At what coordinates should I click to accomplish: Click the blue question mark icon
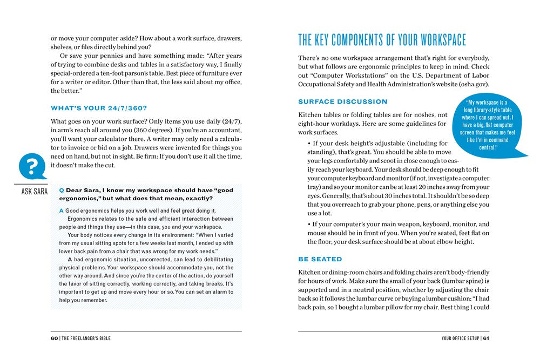tap(32, 165)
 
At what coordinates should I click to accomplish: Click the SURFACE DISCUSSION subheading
tap(343, 101)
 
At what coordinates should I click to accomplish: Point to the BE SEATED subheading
tap(320, 259)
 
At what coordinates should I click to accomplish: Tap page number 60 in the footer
tap(55, 338)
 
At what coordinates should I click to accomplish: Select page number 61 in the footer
tap(486, 338)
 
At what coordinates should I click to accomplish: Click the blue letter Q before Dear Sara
tap(62, 190)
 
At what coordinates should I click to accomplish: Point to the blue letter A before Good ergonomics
tap(62, 210)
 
